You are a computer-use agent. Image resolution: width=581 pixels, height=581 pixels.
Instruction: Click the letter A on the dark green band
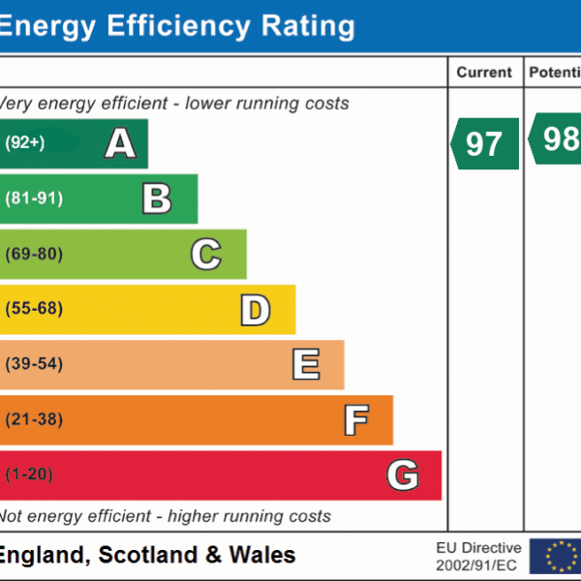pos(120,144)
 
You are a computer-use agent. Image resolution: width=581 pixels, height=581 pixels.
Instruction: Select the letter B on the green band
pos(157,199)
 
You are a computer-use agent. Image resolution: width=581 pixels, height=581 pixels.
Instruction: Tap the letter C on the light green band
pos(205,255)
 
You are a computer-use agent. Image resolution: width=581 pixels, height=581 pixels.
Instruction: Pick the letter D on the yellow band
pos(255,310)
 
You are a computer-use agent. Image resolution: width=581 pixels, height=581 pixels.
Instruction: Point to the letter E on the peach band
pos(305,365)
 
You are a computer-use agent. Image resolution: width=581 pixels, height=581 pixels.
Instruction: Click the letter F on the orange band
pos(355,420)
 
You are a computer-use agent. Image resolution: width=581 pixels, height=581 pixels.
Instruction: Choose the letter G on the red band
pos(403,475)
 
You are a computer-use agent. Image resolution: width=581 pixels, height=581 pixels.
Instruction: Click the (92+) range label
pos(25,143)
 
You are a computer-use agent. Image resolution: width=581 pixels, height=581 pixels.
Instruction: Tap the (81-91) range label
pos(34,199)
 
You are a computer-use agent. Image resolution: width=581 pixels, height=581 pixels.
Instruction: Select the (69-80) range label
pos(34,254)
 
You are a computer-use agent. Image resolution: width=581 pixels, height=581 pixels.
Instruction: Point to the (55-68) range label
pos(34,309)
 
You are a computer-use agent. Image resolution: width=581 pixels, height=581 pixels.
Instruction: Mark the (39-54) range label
pos(34,364)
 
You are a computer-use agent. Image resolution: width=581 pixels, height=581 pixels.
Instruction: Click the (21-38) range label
pos(34,419)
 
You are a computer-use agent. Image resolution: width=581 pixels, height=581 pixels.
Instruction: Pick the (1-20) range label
pos(29,474)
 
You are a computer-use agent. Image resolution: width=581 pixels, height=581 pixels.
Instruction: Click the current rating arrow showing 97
pos(485,143)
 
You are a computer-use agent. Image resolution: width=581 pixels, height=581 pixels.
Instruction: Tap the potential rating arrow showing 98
pos(556,140)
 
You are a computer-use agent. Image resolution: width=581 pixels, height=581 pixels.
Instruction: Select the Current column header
pos(484,73)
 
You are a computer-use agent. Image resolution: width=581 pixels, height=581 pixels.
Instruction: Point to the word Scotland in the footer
pos(154,555)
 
